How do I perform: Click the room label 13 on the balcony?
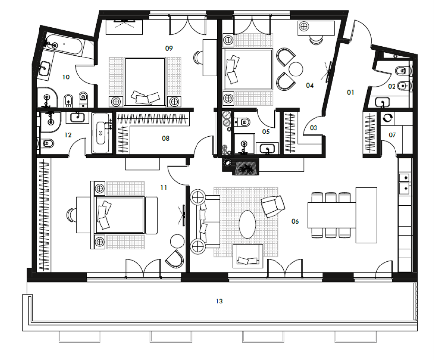point(219,301)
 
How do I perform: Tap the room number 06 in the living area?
point(295,221)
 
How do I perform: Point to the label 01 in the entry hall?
point(350,92)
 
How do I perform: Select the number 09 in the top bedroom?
point(169,48)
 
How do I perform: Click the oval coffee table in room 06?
point(247,225)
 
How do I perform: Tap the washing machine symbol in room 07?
point(388,118)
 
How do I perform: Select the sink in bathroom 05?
point(267,149)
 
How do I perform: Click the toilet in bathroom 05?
point(242,122)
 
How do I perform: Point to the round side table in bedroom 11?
point(177,242)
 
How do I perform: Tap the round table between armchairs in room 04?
point(296,69)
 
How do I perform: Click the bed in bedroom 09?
point(145,82)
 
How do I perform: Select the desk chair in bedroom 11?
point(71,215)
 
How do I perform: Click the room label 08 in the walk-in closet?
point(165,138)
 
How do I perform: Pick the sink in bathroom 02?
point(383,102)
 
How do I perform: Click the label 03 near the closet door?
point(314,128)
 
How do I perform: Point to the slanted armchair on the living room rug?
point(273,206)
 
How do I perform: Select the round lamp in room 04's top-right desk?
point(304,26)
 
